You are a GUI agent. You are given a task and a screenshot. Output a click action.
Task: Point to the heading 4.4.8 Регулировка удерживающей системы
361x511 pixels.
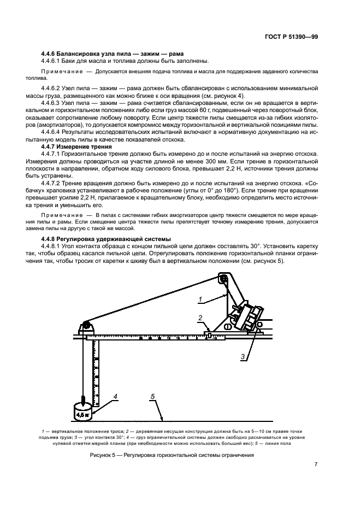[x=105, y=239]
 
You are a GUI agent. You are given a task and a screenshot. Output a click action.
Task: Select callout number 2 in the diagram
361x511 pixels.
[x=200, y=318]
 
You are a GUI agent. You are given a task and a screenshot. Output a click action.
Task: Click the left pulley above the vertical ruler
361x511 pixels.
[x=86, y=326]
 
